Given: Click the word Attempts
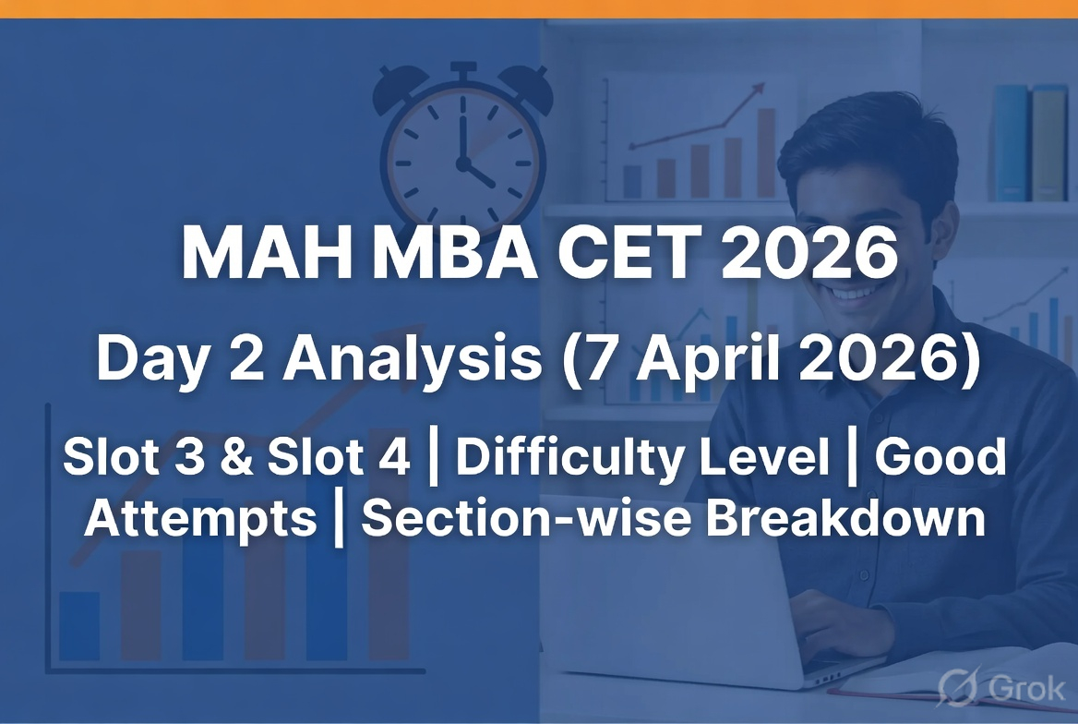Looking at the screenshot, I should (201, 520).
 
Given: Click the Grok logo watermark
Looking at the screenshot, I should (1001, 688).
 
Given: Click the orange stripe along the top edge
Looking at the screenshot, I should (539, 8).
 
